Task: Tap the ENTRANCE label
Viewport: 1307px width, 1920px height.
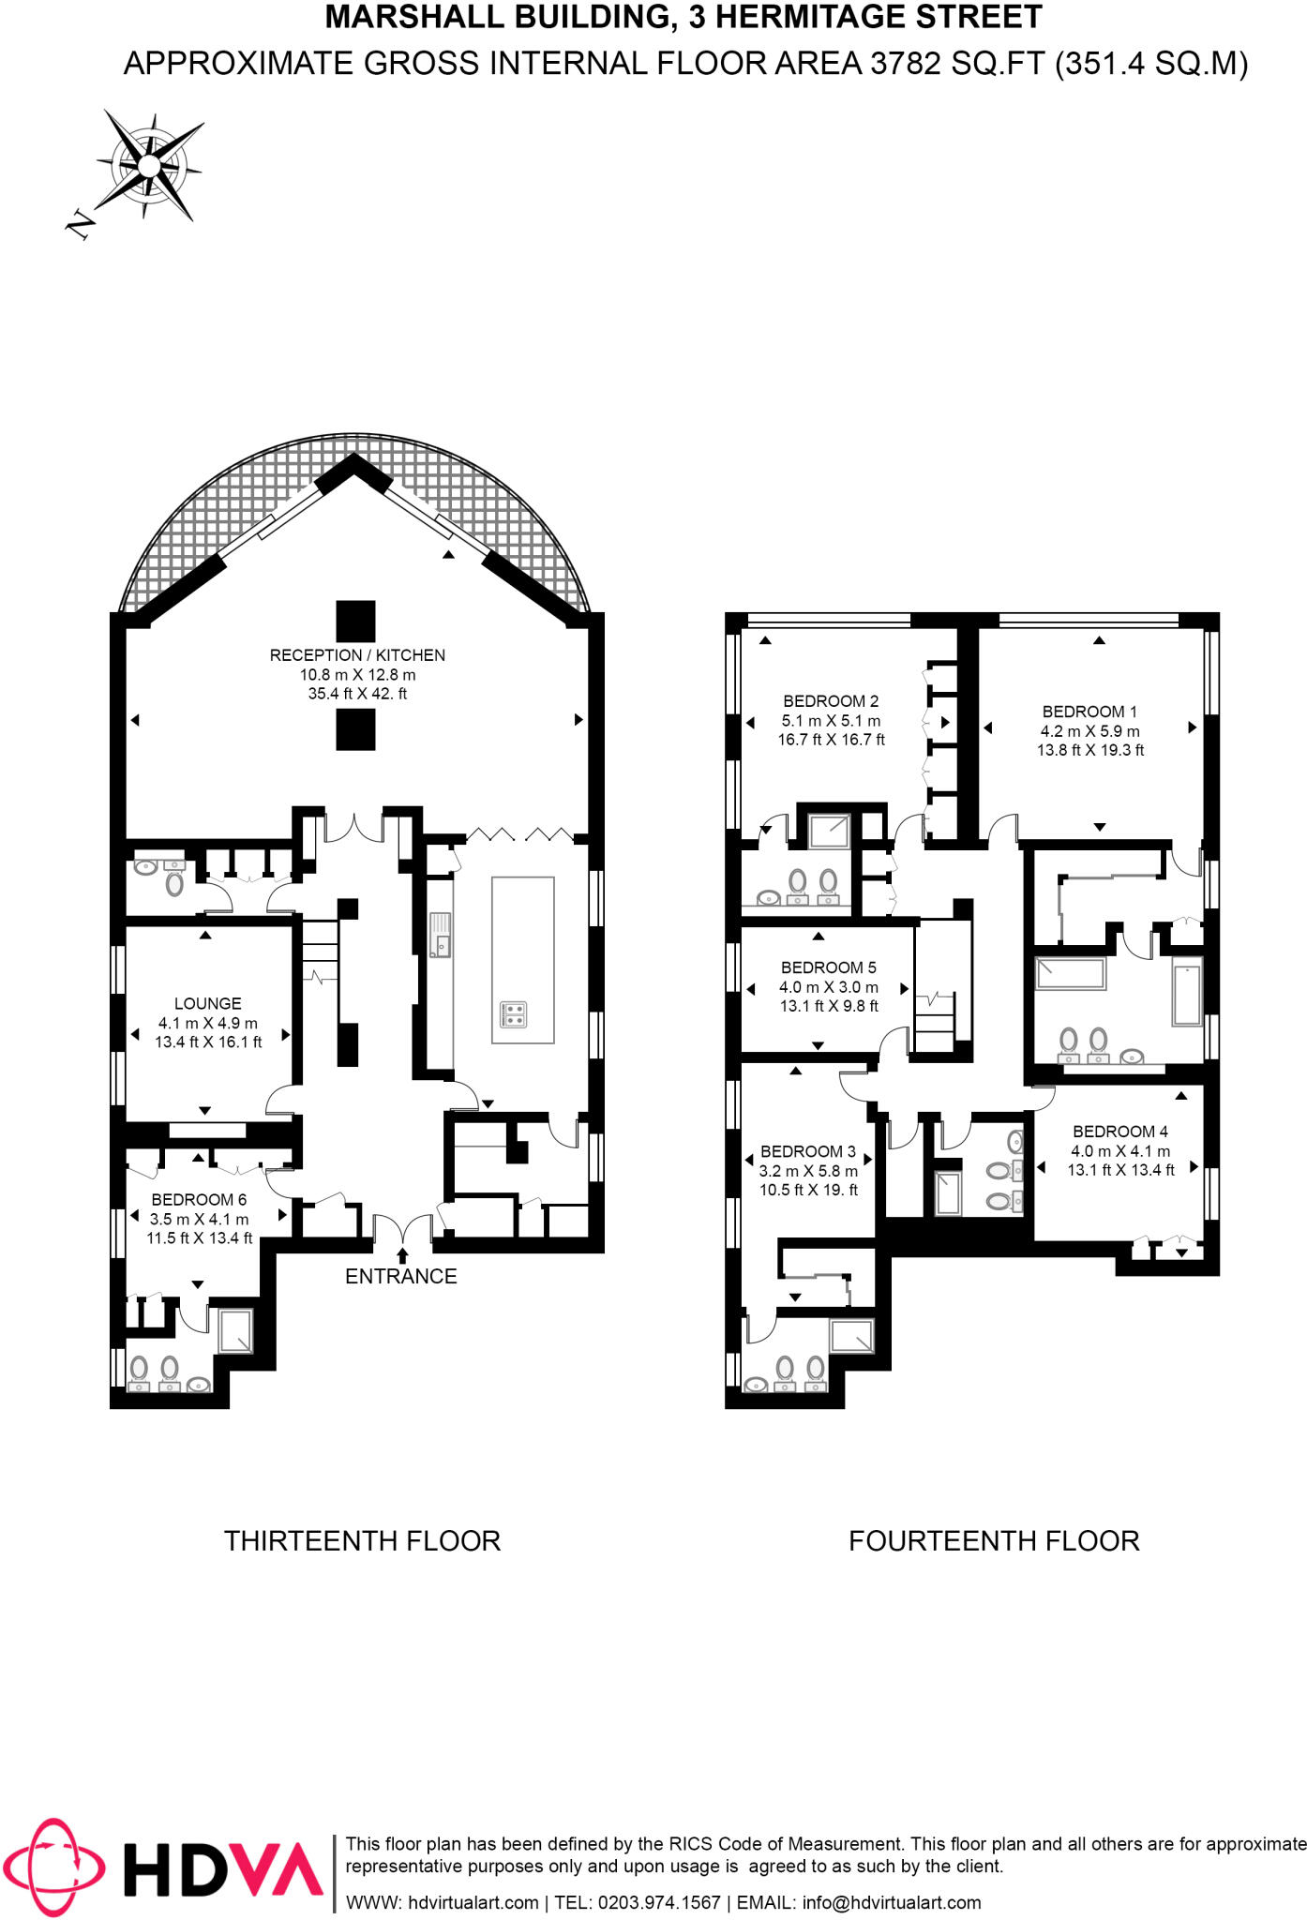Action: coord(400,1276)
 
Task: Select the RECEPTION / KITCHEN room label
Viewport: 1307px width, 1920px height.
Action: coord(357,655)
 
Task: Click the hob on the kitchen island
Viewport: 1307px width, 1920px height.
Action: coord(513,1013)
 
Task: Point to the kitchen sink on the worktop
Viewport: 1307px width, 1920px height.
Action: coord(440,936)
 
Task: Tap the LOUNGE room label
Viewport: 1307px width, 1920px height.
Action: coord(207,1003)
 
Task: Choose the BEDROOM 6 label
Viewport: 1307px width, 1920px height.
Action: coord(199,1199)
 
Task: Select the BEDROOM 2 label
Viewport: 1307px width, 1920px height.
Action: coord(831,701)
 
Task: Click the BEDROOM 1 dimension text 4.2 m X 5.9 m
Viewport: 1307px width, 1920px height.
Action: coord(1089,731)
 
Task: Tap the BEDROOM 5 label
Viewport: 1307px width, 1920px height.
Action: coord(828,967)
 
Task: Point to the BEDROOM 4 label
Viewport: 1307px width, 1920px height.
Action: coord(1120,1132)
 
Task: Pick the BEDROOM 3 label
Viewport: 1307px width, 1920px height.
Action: coord(807,1151)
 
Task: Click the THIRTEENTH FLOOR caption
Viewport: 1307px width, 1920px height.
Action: coord(362,1541)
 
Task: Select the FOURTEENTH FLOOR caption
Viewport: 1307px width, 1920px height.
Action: coord(994,1541)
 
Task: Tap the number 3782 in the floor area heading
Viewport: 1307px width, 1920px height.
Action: coord(906,64)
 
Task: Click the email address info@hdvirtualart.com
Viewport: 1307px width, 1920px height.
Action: coord(892,1902)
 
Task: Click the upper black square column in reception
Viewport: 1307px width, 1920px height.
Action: coord(355,621)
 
